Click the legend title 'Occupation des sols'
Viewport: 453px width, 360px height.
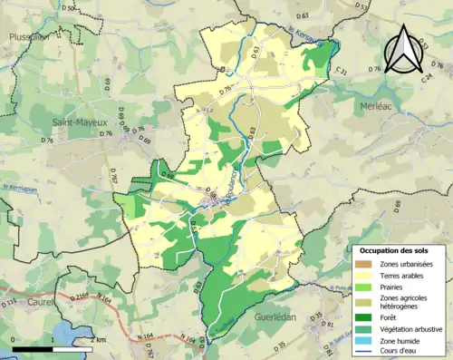coord(396,249)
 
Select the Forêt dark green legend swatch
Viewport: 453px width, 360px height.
coord(367,317)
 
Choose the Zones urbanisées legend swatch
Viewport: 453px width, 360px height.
coord(367,263)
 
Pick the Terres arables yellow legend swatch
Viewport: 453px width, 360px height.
coord(367,275)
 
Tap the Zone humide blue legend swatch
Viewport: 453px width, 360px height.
coord(367,341)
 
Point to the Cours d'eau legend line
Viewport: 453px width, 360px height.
coord(367,352)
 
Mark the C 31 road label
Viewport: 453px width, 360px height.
coord(342,71)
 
